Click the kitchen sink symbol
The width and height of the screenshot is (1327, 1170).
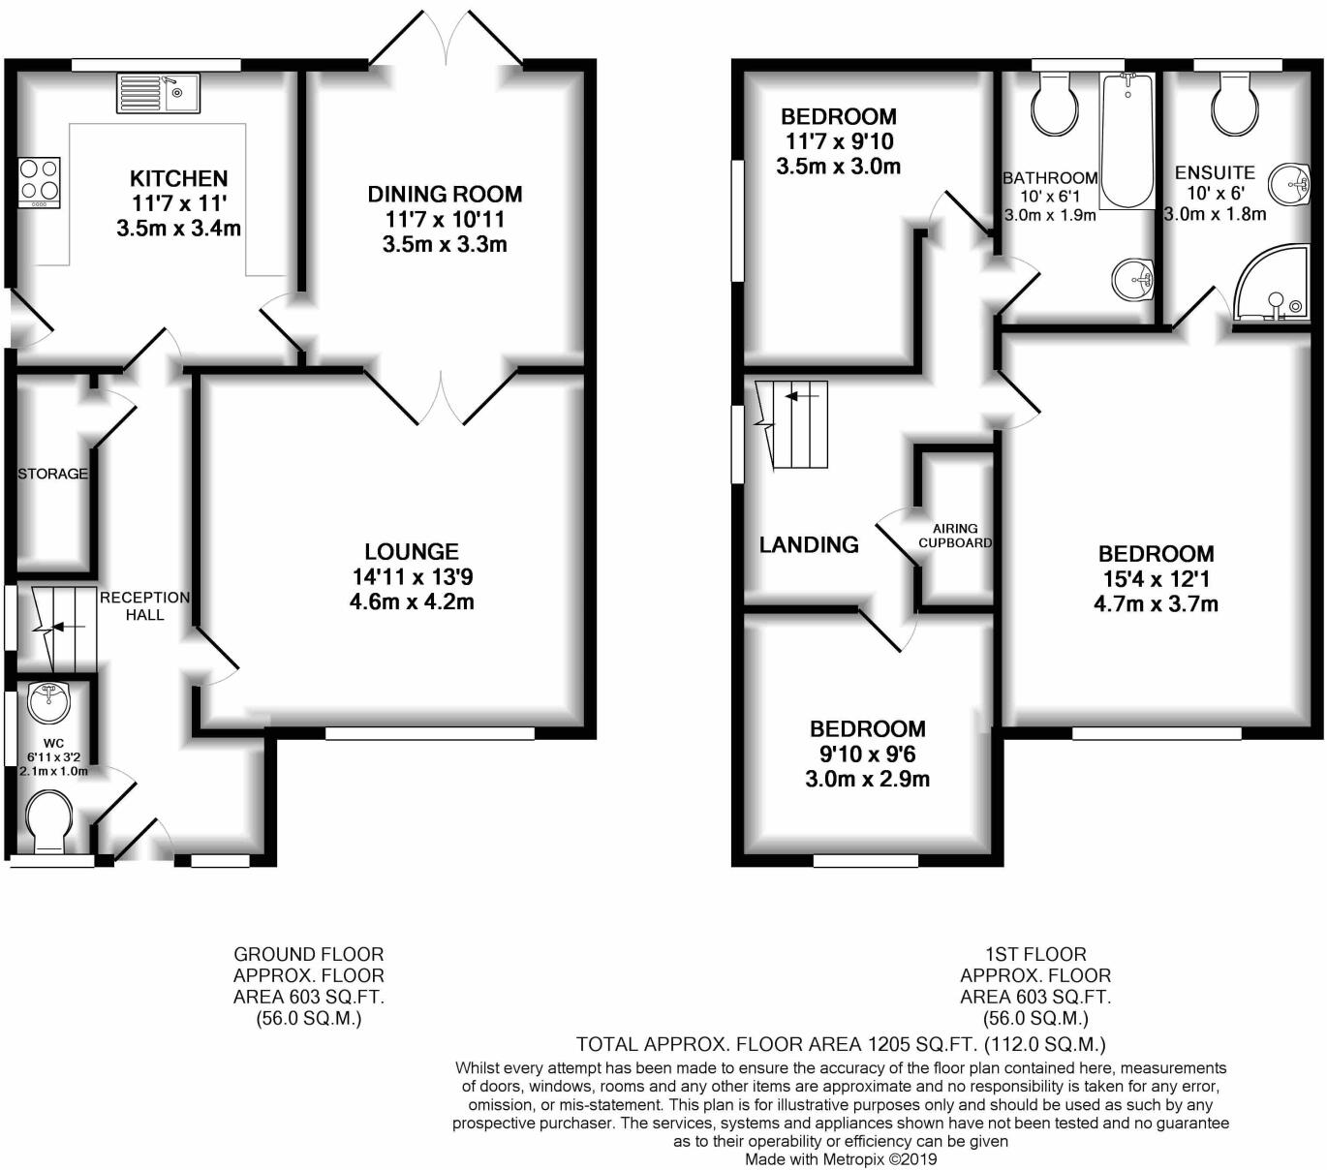[158, 93]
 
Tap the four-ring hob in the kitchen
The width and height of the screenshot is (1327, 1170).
[39, 181]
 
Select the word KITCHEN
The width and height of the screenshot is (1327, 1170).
[179, 178]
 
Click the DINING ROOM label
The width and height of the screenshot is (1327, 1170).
[445, 194]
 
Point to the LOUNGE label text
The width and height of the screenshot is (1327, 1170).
[412, 552]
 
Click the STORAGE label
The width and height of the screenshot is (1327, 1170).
[52, 474]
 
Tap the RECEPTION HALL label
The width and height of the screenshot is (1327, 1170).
[144, 606]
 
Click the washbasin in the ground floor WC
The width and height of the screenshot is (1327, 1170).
[47, 701]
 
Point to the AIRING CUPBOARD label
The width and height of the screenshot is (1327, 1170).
[955, 536]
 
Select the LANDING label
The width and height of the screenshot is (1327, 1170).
[809, 545]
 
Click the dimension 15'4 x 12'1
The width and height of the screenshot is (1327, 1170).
[1156, 579]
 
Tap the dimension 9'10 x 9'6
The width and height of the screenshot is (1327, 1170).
[867, 754]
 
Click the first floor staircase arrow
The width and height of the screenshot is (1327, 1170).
[800, 396]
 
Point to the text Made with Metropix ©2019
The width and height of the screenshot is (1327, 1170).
[841, 1158]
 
